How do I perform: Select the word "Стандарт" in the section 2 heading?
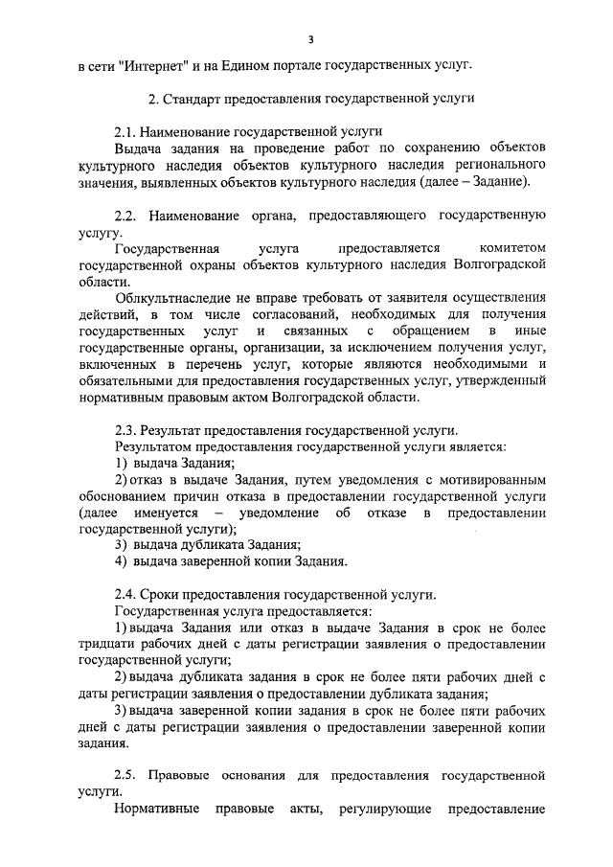click(x=196, y=98)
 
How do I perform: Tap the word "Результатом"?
click(x=153, y=446)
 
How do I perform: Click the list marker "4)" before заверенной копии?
click(x=121, y=561)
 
